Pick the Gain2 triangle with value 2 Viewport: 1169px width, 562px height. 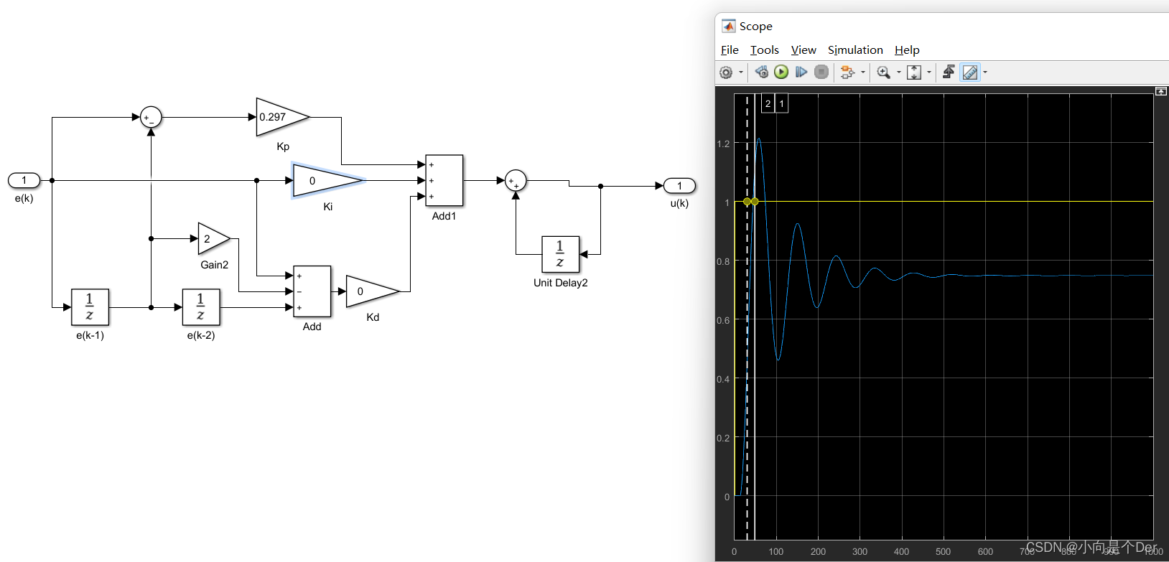click(212, 238)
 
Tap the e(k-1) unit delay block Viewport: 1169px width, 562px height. click(90, 307)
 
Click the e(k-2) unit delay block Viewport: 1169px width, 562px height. click(201, 307)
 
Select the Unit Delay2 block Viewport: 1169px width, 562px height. click(560, 254)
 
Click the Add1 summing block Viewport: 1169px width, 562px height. click(444, 180)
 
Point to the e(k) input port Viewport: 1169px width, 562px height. click(24, 180)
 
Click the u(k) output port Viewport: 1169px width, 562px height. click(679, 186)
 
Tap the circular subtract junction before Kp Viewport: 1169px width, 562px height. click(151, 117)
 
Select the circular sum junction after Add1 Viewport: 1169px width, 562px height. click(516, 180)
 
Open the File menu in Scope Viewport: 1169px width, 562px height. click(730, 50)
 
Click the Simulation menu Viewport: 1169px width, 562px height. click(855, 50)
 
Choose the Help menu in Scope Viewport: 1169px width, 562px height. click(907, 50)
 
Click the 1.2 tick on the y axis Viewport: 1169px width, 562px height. click(723, 144)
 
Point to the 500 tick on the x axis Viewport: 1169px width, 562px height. click(944, 551)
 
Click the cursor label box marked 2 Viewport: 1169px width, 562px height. click(768, 103)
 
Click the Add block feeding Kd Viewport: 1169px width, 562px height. click(312, 291)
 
